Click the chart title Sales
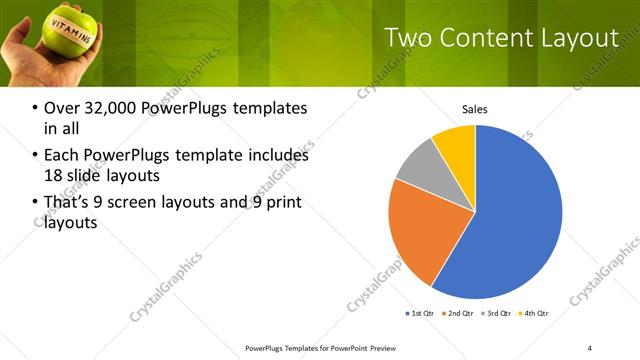point(475,109)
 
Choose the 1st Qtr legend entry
point(419,314)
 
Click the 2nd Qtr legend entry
point(459,314)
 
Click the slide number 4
point(590,348)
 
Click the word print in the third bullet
point(283,204)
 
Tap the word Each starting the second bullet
point(63,156)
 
